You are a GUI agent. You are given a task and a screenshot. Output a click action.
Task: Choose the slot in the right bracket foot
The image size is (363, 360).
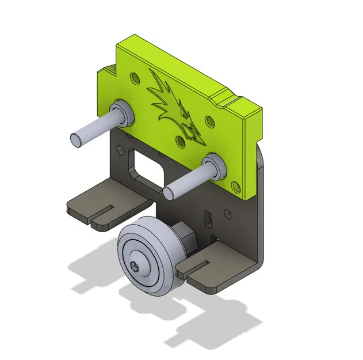198,266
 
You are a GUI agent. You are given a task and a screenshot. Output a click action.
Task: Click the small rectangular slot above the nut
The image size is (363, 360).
208,218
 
